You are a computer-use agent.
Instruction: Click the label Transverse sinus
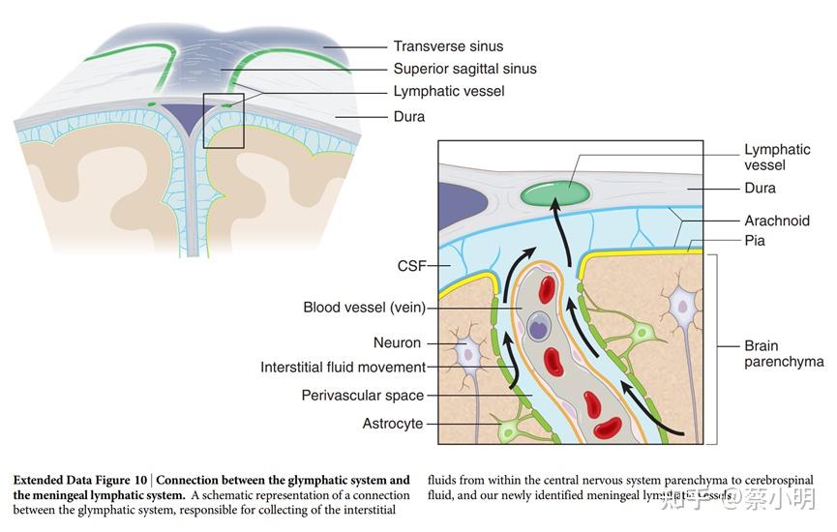pyautogui.click(x=447, y=45)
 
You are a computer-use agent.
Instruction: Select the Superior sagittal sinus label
pyautogui.click(x=463, y=69)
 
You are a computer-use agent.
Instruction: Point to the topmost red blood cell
pyautogui.click(x=548, y=289)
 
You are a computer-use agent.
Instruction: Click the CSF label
pyautogui.click(x=411, y=266)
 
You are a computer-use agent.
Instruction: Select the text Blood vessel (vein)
pyautogui.click(x=364, y=309)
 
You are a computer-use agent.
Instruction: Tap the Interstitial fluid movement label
pyautogui.click(x=343, y=368)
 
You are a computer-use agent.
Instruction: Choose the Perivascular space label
pyautogui.click(x=362, y=395)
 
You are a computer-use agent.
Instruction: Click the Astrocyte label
pyautogui.click(x=392, y=424)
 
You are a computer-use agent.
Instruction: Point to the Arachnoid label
pyautogui.click(x=776, y=221)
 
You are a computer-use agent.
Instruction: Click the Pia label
pyautogui.click(x=756, y=239)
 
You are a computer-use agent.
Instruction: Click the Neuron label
pyautogui.click(x=397, y=342)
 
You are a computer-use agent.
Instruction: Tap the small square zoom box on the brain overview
pyautogui.click(x=223, y=121)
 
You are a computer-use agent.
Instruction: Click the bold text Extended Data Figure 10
pyautogui.click(x=81, y=480)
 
